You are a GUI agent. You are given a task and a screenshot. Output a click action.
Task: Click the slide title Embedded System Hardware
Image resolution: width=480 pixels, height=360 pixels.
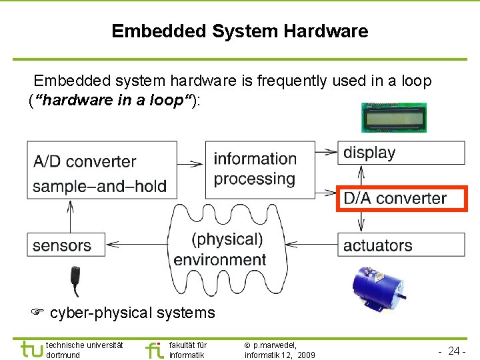[x=239, y=31]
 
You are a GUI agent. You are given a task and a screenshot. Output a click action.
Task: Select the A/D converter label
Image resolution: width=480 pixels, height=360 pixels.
[x=84, y=161]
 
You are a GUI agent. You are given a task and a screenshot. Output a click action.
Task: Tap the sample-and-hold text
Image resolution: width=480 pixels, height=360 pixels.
[x=99, y=186]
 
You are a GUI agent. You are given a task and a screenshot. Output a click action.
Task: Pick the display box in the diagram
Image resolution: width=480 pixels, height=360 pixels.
[x=401, y=153]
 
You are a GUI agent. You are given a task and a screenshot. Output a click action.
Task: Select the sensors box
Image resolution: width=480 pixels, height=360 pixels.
[x=65, y=245]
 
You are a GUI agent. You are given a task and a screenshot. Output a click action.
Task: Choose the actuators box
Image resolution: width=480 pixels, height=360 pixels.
[x=401, y=245]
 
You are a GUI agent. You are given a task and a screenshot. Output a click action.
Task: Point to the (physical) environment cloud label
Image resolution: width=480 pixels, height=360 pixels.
[x=220, y=249]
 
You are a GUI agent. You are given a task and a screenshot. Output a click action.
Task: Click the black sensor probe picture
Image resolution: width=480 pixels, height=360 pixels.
[x=76, y=280]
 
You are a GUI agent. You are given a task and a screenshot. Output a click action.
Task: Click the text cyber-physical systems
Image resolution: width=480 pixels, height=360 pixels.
[x=132, y=313]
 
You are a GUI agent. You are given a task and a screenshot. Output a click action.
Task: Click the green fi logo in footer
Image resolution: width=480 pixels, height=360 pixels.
[x=154, y=349]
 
